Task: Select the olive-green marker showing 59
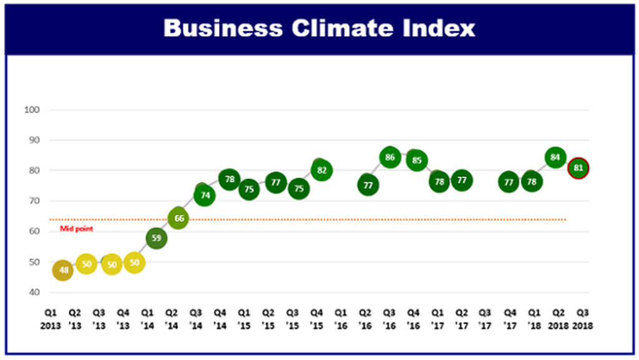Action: [x=156, y=238]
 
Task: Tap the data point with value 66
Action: [x=178, y=219]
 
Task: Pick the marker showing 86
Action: [x=390, y=157]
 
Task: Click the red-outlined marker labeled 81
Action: [x=578, y=168]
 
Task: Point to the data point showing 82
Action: [x=321, y=170]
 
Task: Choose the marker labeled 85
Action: [x=417, y=160]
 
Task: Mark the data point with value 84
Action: [x=555, y=157]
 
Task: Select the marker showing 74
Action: [x=205, y=195]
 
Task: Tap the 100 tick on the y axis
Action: [x=31, y=110]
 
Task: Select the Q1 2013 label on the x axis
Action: [x=51, y=319]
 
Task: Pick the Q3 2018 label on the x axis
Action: [x=582, y=319]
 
